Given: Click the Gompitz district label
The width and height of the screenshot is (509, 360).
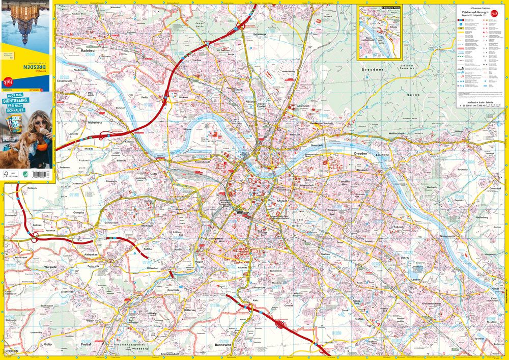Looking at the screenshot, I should [79, 212].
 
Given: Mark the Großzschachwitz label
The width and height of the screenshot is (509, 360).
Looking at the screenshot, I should [431, 303].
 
